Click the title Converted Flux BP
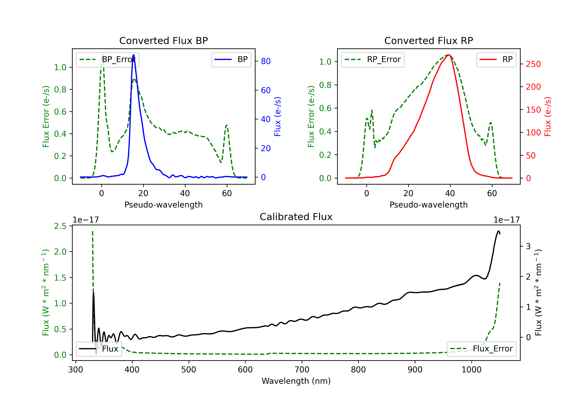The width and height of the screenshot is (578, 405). [164, 40]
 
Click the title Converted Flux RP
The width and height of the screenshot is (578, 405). [429, 40]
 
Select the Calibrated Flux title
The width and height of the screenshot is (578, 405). [296, 217]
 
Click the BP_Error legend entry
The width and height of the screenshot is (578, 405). [108, 59]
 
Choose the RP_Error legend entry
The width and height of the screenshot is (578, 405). [373, 59]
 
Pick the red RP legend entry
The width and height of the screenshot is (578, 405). [496, 59]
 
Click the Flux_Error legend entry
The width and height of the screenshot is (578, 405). [481, 349]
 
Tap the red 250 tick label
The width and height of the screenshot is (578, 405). [533, 64]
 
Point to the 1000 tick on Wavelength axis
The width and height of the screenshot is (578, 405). [471, 370]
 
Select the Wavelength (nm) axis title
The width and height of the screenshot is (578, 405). [296, 381]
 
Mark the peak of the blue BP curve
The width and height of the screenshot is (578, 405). [134, 55]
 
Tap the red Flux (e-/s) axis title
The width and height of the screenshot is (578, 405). [548, 117]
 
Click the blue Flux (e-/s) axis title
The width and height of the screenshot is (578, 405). [277, 117]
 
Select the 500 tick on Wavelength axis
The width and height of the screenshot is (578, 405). [189, 370]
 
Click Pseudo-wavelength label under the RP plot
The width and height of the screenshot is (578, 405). [429, 205]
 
